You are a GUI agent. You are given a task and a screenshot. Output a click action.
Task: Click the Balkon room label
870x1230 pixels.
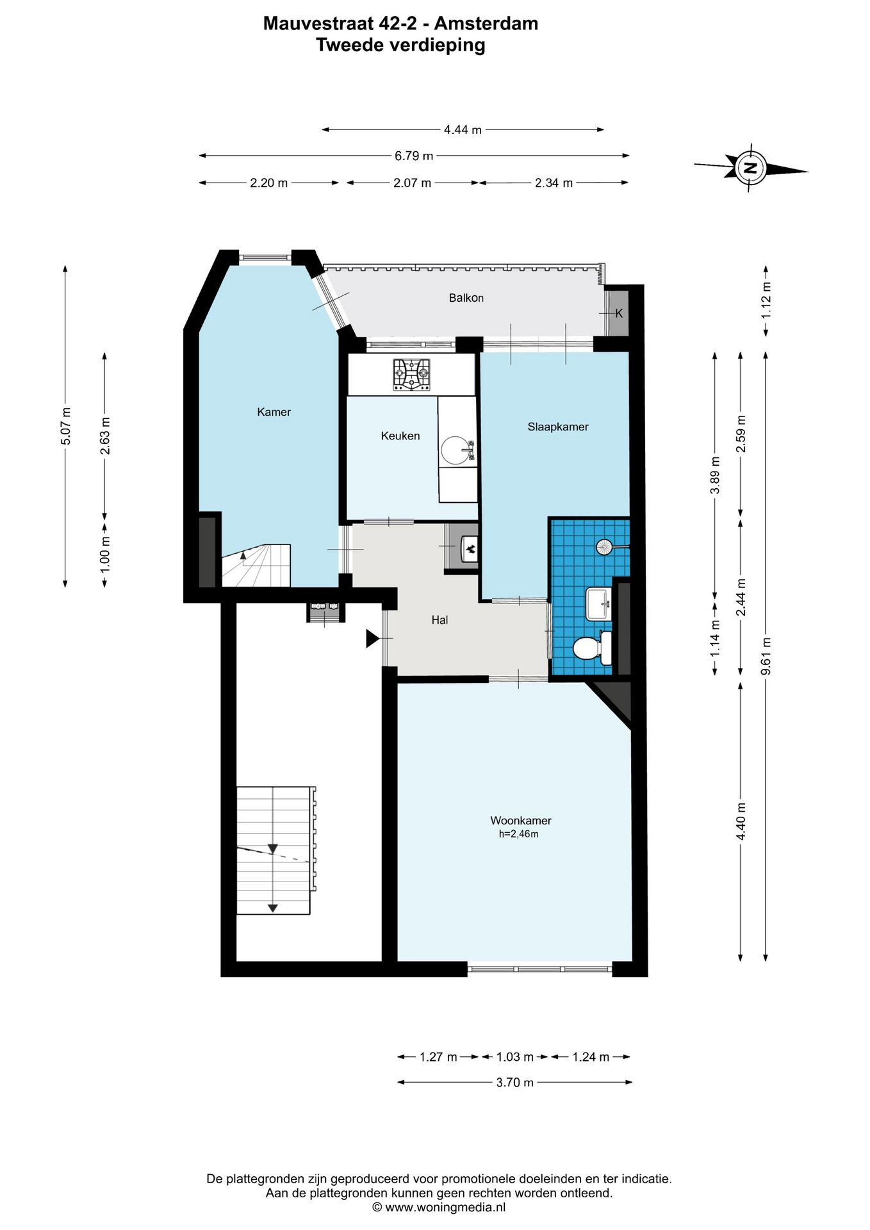click(x=466, y=298)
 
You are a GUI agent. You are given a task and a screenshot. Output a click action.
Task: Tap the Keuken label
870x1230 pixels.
click(x=400, y=436)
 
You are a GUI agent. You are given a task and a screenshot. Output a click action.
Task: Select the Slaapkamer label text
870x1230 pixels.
click(x=558, y=427)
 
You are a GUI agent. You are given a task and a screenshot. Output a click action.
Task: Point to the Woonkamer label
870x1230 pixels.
click(x=521, y=820)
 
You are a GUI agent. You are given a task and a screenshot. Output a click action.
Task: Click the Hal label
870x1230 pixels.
click(x=439, y=619)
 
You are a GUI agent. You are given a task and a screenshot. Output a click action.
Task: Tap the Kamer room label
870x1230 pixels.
click(x=274, y=412)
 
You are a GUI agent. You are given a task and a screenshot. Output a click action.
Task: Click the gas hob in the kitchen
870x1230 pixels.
click(x=411, y=375)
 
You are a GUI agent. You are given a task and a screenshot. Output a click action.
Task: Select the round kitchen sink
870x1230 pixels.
click(x=456, y=450)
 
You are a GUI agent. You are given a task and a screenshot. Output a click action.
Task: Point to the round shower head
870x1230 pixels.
click(x=605, y=546)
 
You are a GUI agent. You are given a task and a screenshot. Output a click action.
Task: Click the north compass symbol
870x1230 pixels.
click(x=751, y=168)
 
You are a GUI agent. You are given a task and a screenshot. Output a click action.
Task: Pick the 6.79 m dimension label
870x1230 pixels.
click(x=414, y=156)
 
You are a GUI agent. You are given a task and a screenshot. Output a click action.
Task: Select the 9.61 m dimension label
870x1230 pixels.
click(x=766, y=655)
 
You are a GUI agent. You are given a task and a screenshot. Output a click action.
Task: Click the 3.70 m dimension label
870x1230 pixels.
click(x=514, y=1082)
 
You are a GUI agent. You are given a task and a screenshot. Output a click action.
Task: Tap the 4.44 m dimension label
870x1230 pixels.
click(x=463, y=129)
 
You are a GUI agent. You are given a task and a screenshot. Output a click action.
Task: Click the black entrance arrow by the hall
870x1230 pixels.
click(x=372, y=639)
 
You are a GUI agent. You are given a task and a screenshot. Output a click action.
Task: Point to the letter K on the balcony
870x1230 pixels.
click(x=619, y=313)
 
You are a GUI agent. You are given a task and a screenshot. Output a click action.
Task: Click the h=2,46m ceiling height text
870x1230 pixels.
click(x=518, y=834)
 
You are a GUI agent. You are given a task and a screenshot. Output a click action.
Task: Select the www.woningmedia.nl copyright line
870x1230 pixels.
click(x=439, y=1207)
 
